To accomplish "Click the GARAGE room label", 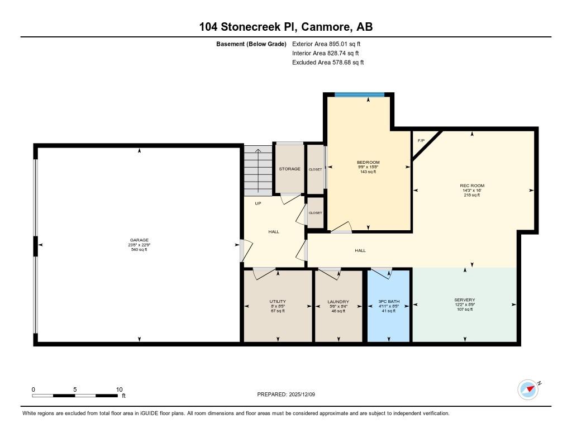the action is (x=139, y=240).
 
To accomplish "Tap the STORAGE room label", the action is (x=290, y=169).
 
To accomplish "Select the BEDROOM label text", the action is (x=368, y=163).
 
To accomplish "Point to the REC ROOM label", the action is (x=472, y=186).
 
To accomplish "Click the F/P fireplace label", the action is (x=421, y=140).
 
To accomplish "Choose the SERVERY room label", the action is (x=465, y=300).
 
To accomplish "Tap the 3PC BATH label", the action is (x=389, y=302).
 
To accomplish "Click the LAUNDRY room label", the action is (x=338, y=302).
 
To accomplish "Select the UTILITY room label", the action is (x=278, y=302).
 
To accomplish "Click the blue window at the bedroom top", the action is (x=360, y=95).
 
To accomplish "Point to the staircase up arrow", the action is (x=258, y=171).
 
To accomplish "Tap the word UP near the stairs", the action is (x=258, y=203).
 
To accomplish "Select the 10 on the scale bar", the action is (x=120, y=389).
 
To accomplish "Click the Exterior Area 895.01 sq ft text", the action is (x=326, y=44).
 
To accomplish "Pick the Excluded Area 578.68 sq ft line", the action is (x=328, y=63).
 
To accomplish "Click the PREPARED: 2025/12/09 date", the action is (x=286, y=395).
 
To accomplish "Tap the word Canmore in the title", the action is (x=327, y=27).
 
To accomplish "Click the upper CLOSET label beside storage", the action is (x=315, y=169).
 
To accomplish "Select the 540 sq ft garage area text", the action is (x=139, y=250).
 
